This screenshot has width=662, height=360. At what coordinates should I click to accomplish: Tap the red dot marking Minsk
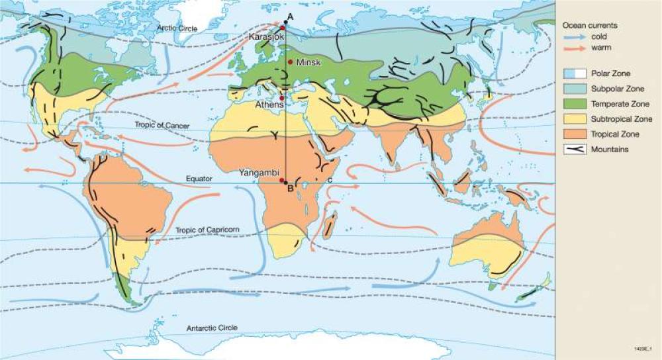pyautogui.click(x=291, y=62)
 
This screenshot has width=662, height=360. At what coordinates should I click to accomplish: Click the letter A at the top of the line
pyautogui.click(x=289, y=17)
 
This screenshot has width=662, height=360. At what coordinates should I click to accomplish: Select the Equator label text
pyautogui.click(x=200, y=179)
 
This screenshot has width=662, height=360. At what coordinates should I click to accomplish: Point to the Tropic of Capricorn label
pyautogui.click(x=207, y=230)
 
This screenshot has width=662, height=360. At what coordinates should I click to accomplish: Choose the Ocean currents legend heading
pyautogui.click(x=590, y=25)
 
